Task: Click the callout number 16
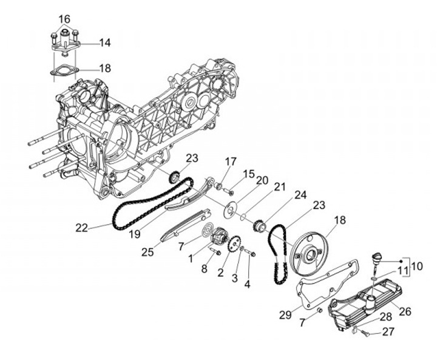tap(64, 19)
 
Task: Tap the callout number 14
tap(105, 43)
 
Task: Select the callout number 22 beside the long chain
tap(82, 228)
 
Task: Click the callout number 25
tap(148, 251)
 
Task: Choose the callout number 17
tap(231, 161)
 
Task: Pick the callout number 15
tap(248, 174)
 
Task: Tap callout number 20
tap(262, 180)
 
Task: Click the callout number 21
tap(279, 187)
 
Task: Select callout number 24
tap(300, 195)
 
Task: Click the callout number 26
tap(404, 311)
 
